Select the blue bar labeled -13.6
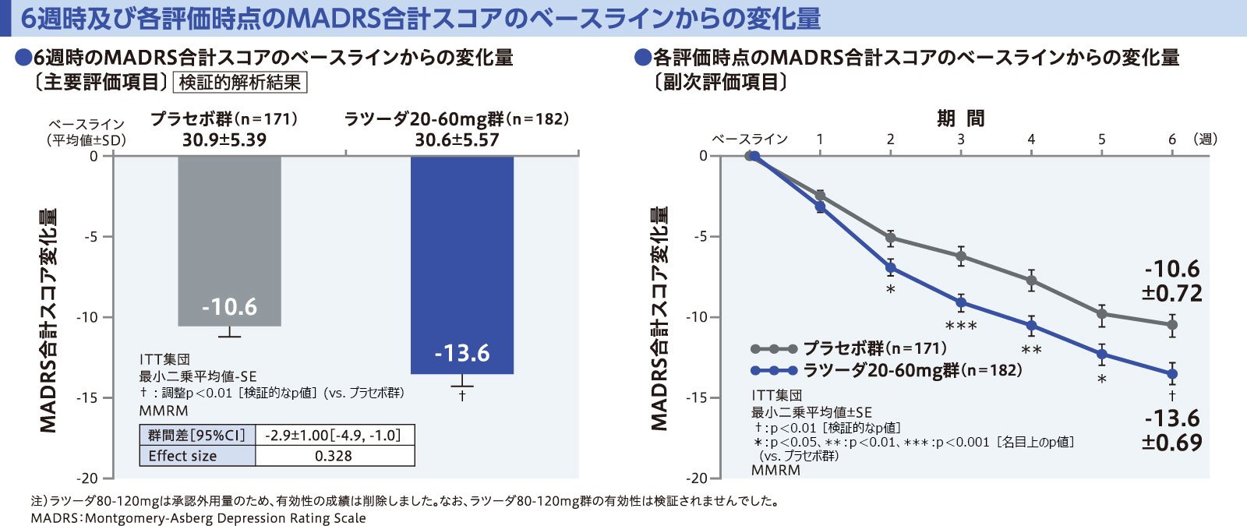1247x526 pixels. click(x=461, y=265)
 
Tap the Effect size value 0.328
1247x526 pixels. click(x=334, y=456)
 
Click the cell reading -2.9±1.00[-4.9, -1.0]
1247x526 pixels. click(x=334, y=435)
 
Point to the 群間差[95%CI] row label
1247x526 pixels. click(x=196, y=435)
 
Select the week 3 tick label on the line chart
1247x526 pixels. click(x=961, y=139)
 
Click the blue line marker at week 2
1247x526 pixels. click(x=890, y=268)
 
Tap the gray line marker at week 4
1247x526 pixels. click(x=1031, y=280)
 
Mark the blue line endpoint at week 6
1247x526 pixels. click(x=1172, y=374)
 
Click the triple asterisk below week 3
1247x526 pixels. click(x=961, y=326)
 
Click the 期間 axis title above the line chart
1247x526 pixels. click(x=960, y=118)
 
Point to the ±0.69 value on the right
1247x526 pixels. click(x=1172, y=443)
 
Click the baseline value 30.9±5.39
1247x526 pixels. click(x=224, y=140)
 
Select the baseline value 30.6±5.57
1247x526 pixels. click(x=457, y=140)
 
